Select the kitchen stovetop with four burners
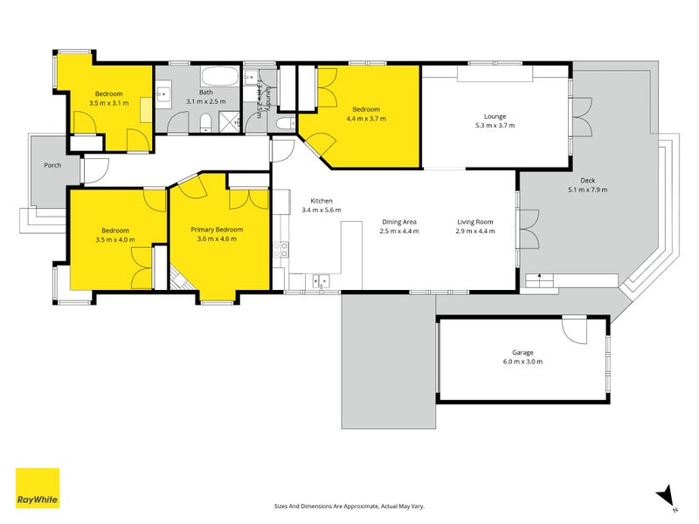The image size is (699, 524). tap(281, 253)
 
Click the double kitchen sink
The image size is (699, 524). tap(321, 280)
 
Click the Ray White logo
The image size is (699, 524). tap(38, 488)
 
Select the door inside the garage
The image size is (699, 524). tap(574, 330)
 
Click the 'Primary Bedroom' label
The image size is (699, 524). tap(217, 230)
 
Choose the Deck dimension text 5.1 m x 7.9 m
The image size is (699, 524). tap(587, 190)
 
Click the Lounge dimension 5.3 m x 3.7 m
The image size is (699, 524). tap(495, 126)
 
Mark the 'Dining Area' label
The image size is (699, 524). tap(398, 222)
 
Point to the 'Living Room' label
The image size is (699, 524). tap(475, 222)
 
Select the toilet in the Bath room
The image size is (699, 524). tap(204, 121)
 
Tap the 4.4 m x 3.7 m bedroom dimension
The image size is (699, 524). tap(366, 118)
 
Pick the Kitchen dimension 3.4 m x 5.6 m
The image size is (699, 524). tap(322, 210)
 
